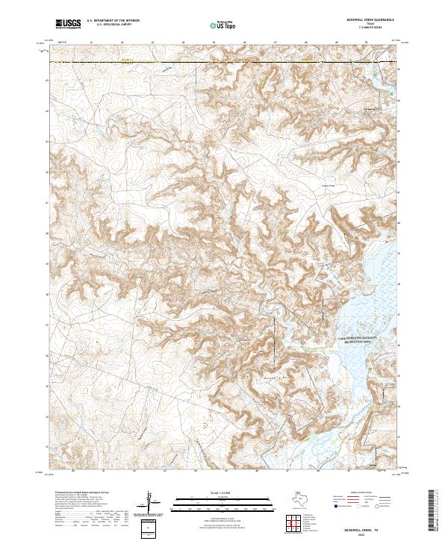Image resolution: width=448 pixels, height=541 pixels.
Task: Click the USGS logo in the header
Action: (x=68, y=24)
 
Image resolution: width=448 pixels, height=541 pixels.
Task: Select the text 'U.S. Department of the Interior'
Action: (x=113, y=21)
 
